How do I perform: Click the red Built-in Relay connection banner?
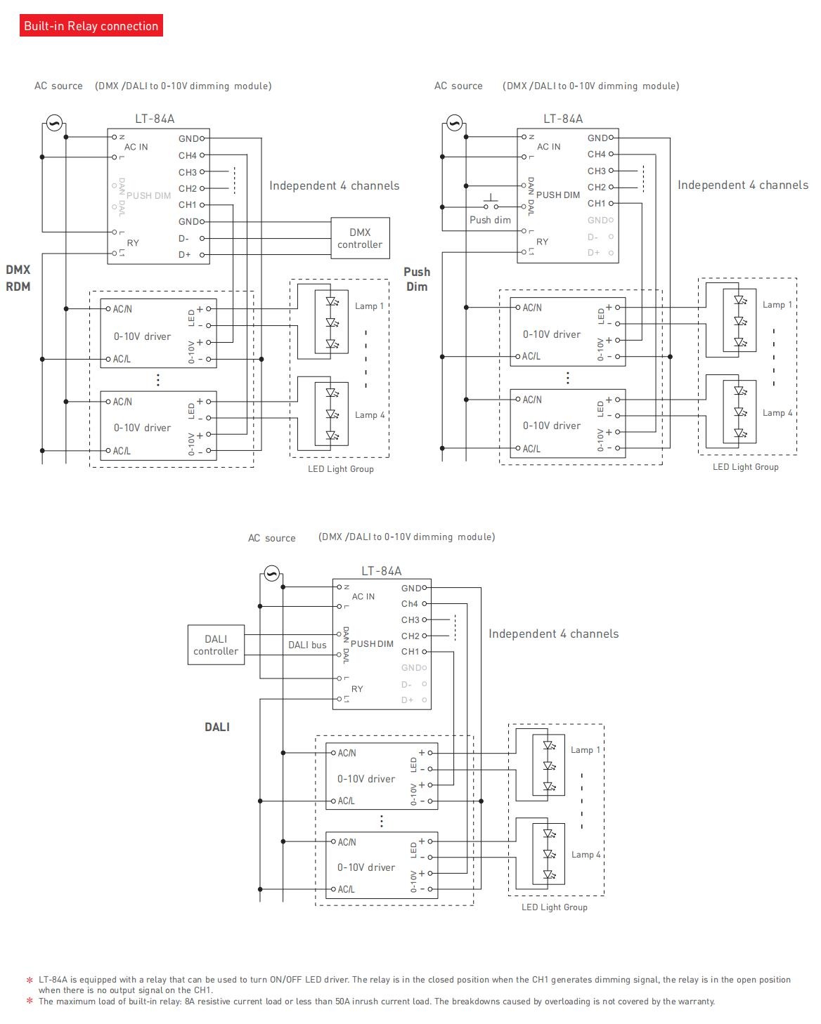pos(91,25)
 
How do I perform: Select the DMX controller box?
pos(360,238)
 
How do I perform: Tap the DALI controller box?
pos(216,645)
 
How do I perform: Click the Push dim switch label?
pos(490,220)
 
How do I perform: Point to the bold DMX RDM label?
pos(18,278)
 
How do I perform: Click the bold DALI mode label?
pos(217,727)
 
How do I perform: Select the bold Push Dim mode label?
pos(417,279)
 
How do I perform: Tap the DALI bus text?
pos(307,645)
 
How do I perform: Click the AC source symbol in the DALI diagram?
pos(271,573)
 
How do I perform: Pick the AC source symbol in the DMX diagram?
pos(54,123)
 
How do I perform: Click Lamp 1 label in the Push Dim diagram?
pos(777,305)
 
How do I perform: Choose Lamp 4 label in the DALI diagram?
pos(586,854)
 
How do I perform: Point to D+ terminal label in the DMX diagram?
pos(184,254)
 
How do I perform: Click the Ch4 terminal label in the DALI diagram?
pos(409,603)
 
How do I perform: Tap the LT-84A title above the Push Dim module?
pos(563,119)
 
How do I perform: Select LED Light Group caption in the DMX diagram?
pos(340,468)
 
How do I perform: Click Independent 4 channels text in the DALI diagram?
pos(553,634)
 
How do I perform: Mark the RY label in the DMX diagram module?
pos(133,243)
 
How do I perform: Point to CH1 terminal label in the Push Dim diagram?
pos(596,203)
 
